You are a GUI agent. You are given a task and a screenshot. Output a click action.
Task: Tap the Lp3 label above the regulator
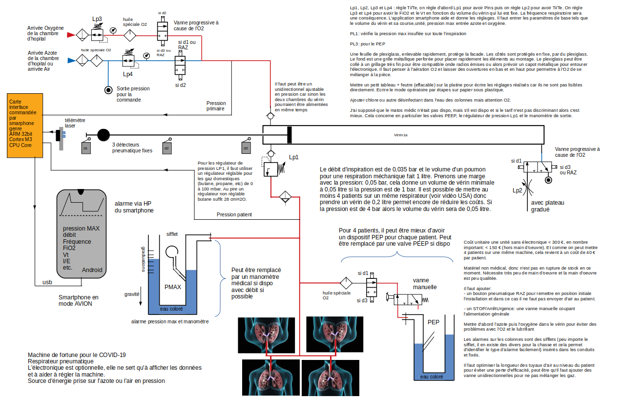tap(97, 19)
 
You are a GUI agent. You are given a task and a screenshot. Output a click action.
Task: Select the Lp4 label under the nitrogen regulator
tap(127, 74)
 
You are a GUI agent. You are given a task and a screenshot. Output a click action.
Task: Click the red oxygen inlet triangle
tap(70, 35)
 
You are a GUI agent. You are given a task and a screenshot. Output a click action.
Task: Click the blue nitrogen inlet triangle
tap(70, 61)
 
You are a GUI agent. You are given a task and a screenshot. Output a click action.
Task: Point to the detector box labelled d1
tap(85, 147)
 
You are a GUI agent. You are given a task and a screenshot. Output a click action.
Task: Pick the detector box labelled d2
tap(166, 147)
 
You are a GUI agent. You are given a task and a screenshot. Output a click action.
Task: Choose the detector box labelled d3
tap(246, 147)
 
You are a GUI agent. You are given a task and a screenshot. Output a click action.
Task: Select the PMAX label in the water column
tap(173, 287)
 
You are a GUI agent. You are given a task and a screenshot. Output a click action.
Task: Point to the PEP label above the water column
tap(433, 322)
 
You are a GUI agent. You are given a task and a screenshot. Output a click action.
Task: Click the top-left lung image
tap(267, 335)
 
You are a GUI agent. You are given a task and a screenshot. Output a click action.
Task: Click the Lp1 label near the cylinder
tap(293, 157)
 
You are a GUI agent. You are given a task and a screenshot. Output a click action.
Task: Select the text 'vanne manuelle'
tap(424, 284)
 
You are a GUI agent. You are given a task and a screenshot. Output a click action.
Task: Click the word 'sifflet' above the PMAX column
tap(172, 234)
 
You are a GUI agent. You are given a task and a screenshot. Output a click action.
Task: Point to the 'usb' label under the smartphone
tap(47, 282)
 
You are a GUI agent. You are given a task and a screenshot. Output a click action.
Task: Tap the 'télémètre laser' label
tap(75, 123)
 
